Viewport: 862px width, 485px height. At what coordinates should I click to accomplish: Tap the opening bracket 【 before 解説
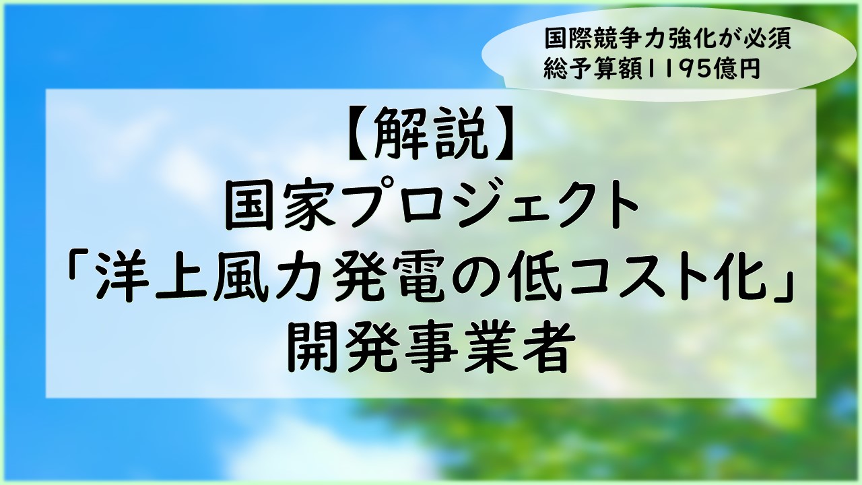(x=359, y=133)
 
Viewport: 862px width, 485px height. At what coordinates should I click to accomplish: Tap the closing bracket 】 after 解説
(x=502, y=133)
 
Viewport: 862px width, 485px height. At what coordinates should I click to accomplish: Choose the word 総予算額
(x=593, y=69)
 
